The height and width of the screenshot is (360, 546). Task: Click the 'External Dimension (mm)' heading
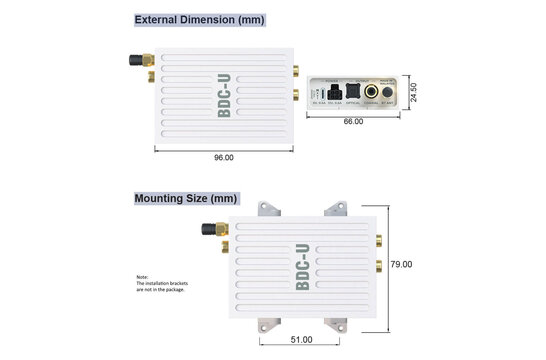[x=199, y=19]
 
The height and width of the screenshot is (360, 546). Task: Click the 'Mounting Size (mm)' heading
[x=186, y=198]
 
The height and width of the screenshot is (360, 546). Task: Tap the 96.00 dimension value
[x=223, y=157]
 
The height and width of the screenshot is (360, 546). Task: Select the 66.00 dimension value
[x=353, y=121]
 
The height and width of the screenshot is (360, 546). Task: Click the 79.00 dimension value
[x=401, y=264]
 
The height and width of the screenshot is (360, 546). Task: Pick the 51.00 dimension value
[x=300, y=340]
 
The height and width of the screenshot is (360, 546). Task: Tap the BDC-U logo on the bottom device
[x=302, y=267]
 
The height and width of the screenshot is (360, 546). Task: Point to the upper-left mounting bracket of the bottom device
[x=267, y=210]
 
